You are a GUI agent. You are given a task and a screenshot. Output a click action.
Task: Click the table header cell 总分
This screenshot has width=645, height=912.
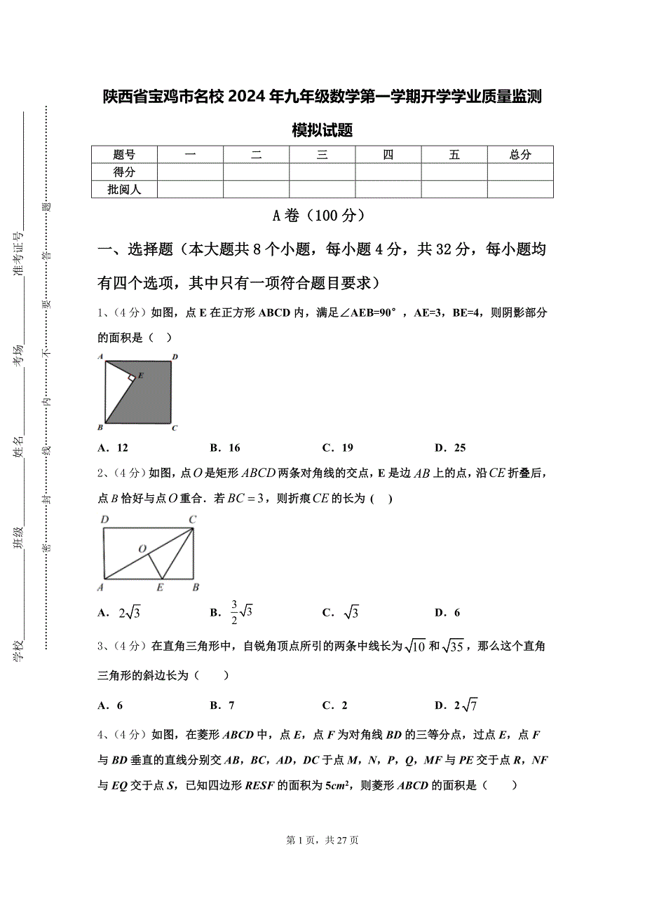tap(520, 155)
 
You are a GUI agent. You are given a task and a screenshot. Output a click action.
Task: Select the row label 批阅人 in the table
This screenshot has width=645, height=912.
tap(124, 189)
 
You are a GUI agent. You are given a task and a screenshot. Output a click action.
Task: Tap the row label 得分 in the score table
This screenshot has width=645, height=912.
tap(124, 172)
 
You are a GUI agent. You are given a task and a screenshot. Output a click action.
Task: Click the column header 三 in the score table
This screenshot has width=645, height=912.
tap(322, 155)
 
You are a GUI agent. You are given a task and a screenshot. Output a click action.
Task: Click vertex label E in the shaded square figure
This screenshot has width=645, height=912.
tap(140, 375)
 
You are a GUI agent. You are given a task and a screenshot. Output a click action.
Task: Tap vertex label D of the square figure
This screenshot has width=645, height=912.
tap(175, 357)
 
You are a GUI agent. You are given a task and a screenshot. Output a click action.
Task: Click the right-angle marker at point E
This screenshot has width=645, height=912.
tap(132, 379)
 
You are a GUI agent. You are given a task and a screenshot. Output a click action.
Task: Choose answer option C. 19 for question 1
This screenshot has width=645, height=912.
tap(337, 448)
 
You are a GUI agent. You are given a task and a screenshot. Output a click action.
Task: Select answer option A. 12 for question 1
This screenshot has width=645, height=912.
tap(113, 448)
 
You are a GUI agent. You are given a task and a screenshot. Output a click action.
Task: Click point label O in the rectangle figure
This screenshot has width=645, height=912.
tap(142, 548)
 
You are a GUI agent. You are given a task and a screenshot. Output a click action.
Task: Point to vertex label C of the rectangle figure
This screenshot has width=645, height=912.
tap(192, 519)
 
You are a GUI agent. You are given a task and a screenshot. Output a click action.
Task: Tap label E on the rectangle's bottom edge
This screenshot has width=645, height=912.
tap(160, 587)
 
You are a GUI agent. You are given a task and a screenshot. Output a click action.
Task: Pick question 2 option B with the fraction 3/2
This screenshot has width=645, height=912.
tap(231, 612)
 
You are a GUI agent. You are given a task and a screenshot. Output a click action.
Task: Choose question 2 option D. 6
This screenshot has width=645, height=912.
tap(447, 613)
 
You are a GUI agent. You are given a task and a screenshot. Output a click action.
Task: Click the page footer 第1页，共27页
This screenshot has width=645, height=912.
tap(322, 840)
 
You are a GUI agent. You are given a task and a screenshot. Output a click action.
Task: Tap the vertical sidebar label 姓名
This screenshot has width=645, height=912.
tap(18, 447)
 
